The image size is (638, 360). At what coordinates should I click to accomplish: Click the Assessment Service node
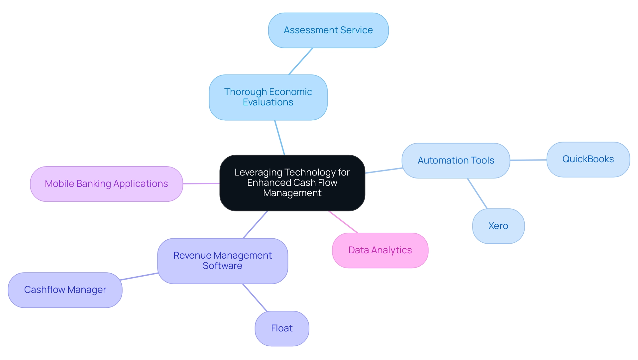pyautogui.click(x=328, y=30)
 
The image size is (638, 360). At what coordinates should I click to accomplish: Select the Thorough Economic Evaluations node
pyautogui.click(x=268, y=97)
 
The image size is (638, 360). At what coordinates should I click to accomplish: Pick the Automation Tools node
pyautogui.click(x=456, y=161)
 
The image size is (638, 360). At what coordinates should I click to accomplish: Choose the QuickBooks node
pyautogui.click(x=588, y=159)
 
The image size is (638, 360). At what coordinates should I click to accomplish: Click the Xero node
pyautogui.click(x=498, y=226)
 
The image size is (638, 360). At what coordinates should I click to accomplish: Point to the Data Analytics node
pyautogui.click(x=380, y=250)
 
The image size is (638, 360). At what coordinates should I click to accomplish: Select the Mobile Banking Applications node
pyautogui.click(x=106, y=184)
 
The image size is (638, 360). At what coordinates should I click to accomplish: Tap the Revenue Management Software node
pyautogui.click(x=222, y=261)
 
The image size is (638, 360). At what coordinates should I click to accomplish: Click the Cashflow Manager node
pyautogui.click(x=65, y=290)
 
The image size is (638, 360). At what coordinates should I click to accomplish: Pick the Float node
pyautogui.click(x=282, y=328)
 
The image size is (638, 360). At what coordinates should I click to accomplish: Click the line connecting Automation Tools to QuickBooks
pyautogui.click(x=528, y=160)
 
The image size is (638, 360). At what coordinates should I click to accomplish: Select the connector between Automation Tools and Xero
pyautogui.click(x=477, y=193)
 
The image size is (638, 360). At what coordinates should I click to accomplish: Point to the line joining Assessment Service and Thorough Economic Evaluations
pyautogui.click(x=301, y=61)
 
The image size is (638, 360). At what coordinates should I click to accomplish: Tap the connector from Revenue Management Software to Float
pyautogui.click(x=255, y=298)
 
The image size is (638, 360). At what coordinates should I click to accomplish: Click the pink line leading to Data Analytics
pyautogui.click(x=343, y=222)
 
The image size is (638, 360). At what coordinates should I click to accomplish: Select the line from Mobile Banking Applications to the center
pyautogui.click(x=201, y=183)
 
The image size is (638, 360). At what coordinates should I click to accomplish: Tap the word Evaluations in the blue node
pyautogui.click(x=268, y=102)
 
